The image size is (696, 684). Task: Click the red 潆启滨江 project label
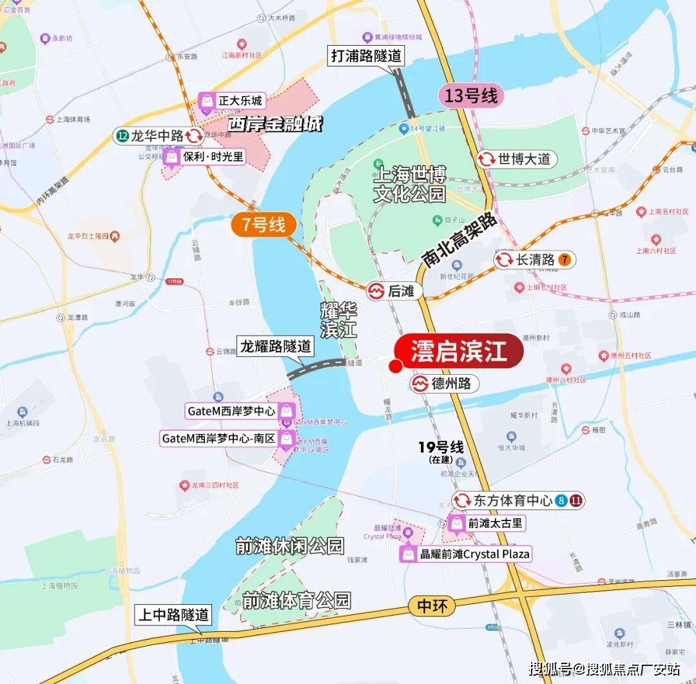(x=458, y=352)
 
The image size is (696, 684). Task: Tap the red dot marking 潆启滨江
(x=396, y=366)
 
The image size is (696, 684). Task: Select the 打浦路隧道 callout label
(x=366, y=55)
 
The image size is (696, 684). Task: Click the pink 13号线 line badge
(x=471, y=97)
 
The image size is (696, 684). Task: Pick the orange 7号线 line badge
(x=264, y=225)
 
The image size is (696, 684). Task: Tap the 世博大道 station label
(x=517, y=159)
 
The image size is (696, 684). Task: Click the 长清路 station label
(x=534, y=260)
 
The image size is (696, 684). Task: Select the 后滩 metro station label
(x=395, y=291)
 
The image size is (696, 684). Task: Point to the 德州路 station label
(x=445, y=384)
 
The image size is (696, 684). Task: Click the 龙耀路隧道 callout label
(x=275, y=346)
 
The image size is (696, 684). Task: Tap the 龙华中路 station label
(x=159, y=136)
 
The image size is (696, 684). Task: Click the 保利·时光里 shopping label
(x=204, y=157)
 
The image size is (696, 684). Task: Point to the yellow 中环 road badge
(x=432, y=605)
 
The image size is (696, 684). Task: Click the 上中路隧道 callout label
(x=174, y=614)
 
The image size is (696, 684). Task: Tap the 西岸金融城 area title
(x=275, y=124)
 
